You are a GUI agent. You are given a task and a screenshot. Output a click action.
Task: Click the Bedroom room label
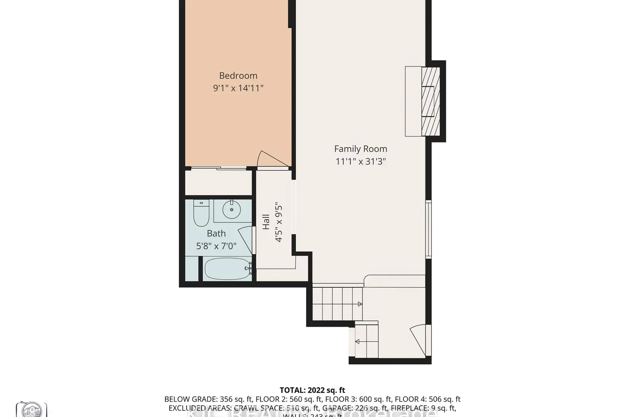(x=238, y=75)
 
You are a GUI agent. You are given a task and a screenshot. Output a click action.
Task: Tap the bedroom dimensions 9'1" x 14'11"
(x=238, y=88)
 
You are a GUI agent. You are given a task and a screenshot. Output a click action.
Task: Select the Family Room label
(x=360, y=149)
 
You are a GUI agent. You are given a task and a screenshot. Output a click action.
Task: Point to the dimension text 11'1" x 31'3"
(x=360, y=161)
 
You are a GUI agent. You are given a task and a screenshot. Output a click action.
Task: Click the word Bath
(x=216, y=234)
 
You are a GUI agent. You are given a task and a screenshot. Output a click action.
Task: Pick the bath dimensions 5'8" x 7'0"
(x=216, y=246)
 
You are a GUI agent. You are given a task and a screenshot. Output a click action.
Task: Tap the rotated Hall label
(x=266, y=222)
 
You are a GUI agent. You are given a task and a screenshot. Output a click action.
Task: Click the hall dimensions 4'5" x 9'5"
(x=279, y=222)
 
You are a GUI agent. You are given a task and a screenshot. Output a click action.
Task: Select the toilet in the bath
(x=201, y=212)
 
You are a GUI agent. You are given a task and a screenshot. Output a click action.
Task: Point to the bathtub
(x=226, y=269)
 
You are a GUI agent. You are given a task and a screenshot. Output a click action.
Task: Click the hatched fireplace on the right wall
(x=430, y=101)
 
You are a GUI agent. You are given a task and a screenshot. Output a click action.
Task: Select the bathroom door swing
(x=246, y=239)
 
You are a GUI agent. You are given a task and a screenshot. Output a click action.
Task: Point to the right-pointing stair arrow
(x=359, y=304)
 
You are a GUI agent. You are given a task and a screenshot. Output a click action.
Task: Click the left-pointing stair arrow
(x=357, y=342)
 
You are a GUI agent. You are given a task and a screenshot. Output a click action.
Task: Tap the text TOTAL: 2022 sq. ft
(x=312, y=390)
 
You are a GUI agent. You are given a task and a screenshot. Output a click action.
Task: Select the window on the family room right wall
(x=428, y=229)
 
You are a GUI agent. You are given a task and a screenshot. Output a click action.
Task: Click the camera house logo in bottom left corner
(x=31, y=409)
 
